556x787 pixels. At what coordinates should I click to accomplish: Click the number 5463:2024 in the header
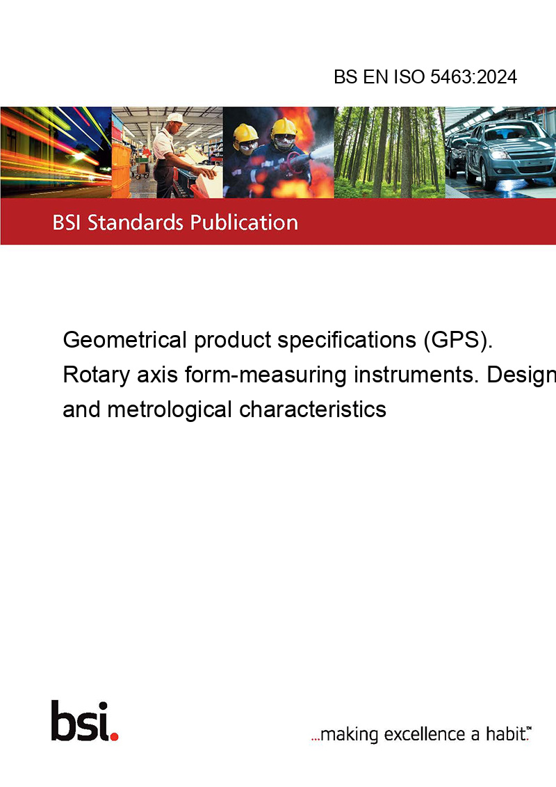pos(473,76)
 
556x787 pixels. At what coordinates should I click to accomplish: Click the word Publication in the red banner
pos(244,222)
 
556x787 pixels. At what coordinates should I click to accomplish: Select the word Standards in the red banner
pos(136,222)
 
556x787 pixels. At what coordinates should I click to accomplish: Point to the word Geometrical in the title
pos(125,340)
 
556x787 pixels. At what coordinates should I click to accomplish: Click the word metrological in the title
pos(170,409)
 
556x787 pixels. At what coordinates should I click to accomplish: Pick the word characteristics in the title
pos(313,409)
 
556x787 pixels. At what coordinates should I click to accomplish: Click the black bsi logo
pos(81,721)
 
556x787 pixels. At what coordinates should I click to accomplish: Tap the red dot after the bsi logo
pos(115,736)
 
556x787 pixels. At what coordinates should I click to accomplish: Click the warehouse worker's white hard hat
pos(175,118)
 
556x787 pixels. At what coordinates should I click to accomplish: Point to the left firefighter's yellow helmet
pos(245,133)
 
